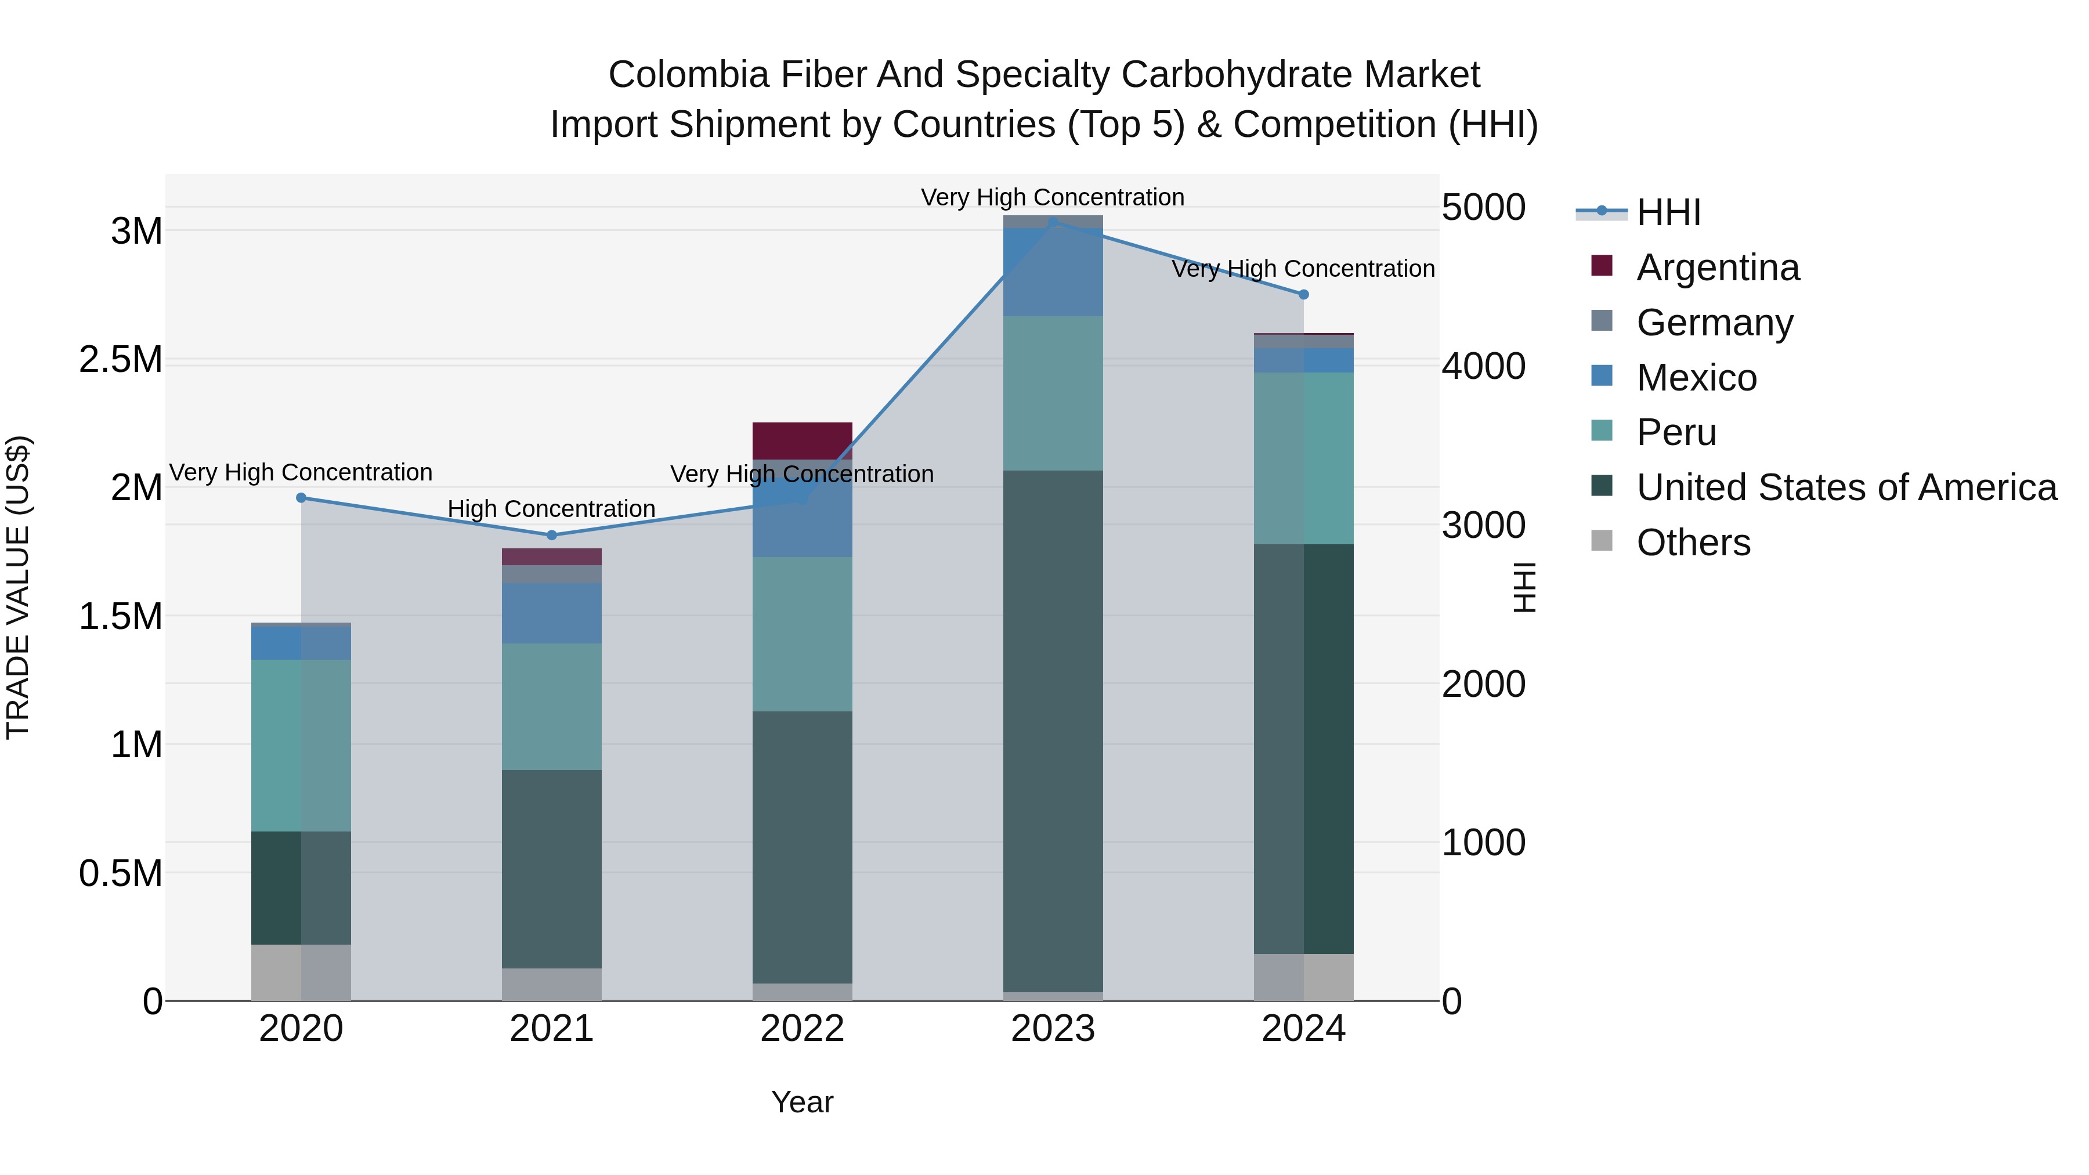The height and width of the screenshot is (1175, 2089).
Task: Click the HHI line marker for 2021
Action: [x=551, y=535]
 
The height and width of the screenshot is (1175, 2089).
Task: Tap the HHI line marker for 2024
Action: [x=1303, y=295]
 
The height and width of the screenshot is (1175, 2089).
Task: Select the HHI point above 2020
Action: [x=301, y=498]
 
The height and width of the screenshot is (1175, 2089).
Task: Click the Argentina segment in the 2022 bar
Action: [x=802, y=440]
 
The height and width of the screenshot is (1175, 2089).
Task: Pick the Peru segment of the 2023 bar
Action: [x=1053, y=393]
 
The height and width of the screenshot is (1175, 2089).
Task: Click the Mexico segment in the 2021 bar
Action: [x=551, y=613]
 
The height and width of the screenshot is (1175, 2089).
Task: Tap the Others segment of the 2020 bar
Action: [x=301, y=972]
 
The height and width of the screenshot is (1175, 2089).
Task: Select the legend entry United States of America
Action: [x=1846, y=487]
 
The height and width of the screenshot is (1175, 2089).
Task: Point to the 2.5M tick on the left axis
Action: [x=121, y=359]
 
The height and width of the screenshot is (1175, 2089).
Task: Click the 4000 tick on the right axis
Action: [x=1483, y=366]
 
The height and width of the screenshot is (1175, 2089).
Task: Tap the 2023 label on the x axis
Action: [x=1053, y=1029]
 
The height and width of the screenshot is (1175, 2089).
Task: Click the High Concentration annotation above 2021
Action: [x=551, y=509]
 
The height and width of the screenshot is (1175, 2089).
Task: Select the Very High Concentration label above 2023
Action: [x=1053, y=197]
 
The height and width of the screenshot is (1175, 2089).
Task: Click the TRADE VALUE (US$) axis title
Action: [x=18, y=587]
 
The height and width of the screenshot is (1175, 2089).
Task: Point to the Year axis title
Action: [x=802, y=1102]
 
